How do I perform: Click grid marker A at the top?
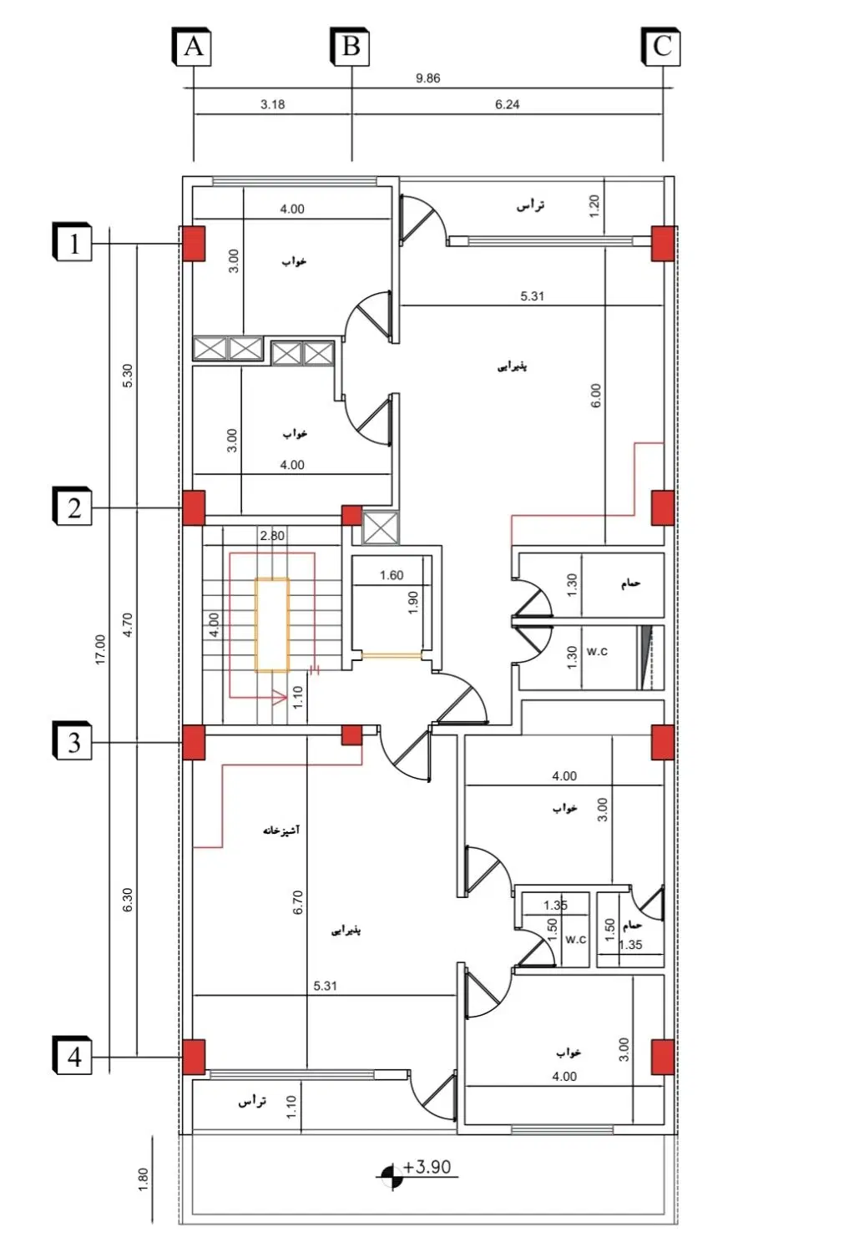191,47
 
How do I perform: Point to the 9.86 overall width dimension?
427,78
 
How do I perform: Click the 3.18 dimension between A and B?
272,104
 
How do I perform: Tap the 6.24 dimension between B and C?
507,104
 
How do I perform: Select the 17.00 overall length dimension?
100,649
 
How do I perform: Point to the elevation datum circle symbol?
392,1176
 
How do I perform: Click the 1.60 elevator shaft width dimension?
392,575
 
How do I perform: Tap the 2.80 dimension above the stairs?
272,536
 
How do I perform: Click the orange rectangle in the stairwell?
272,624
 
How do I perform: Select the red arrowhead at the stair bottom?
279,697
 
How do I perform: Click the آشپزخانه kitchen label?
281,830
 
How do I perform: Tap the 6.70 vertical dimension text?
297,902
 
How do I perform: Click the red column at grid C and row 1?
662,243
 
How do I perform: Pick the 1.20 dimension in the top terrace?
594,206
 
